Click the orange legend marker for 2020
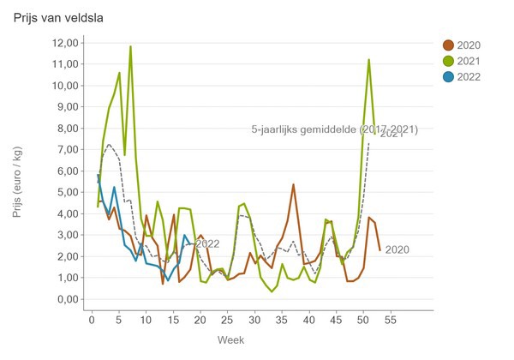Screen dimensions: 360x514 pos(448,45)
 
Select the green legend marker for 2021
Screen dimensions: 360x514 pos(448,61)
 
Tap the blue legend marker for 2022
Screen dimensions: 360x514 pos(448,76)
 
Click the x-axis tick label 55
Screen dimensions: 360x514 pos(390,320)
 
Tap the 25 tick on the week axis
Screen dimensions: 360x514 pos(227,320)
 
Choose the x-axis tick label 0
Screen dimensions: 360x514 pos(93,320)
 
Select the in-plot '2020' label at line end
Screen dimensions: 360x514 pos(397,250)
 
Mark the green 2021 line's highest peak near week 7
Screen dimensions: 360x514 pos(130,47)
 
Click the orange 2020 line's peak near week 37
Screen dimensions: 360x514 pos(293,184)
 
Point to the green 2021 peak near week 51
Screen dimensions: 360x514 pos(368,60)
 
